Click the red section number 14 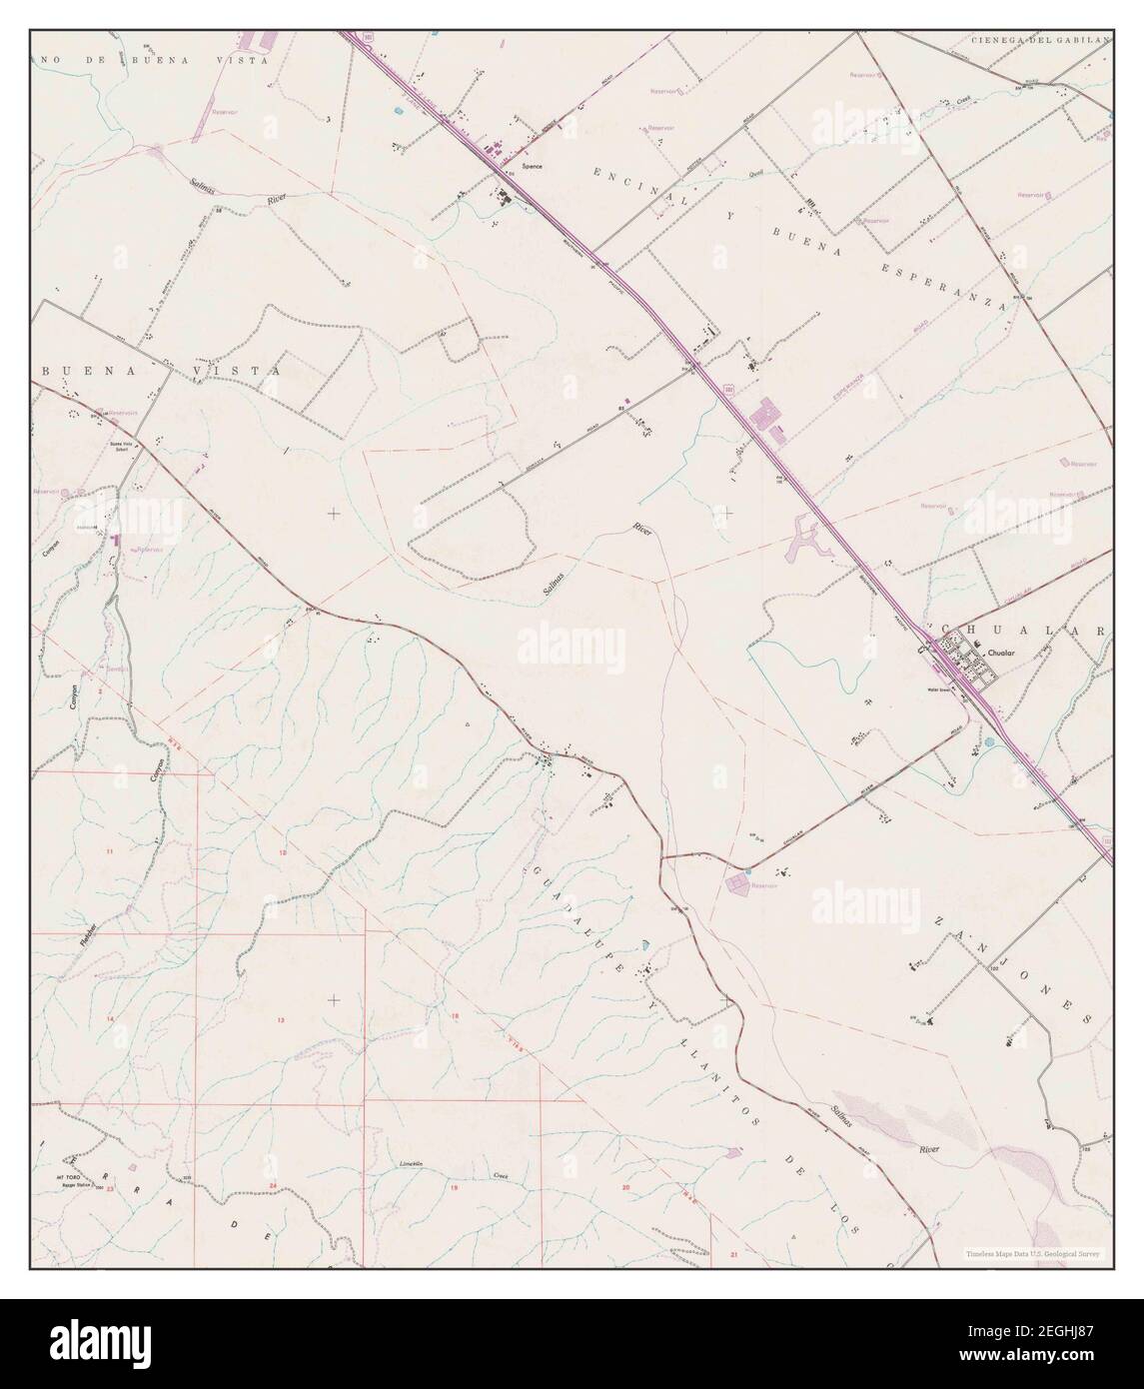click(x=110, y=1017)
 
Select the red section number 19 click(x=453, y=1186)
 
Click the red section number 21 click(x=734, y=1252)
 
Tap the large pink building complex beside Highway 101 click(x=767, y=418)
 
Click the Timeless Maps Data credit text click(x=1031, y=1253)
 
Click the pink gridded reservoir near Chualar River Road click(x=738, y=882)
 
